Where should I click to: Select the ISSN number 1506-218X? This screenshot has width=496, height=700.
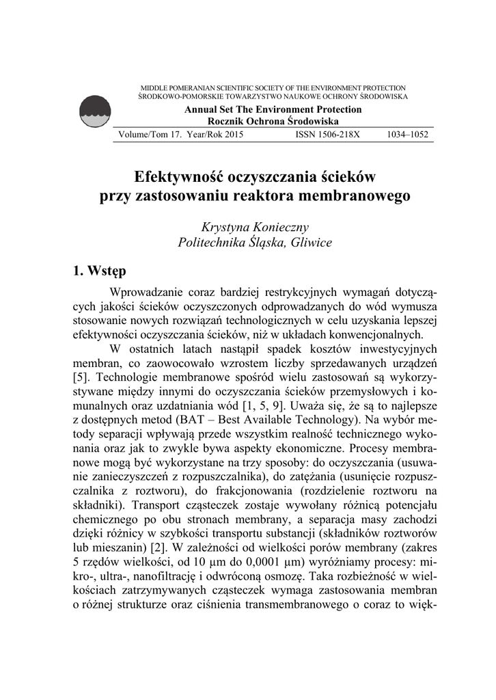pyautogui.click(x=327, y=135)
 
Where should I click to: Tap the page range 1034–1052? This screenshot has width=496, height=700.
pyautogui.click(x=407, y=135)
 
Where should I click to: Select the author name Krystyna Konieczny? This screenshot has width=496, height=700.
pyautogui.click(x=254, y=226)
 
